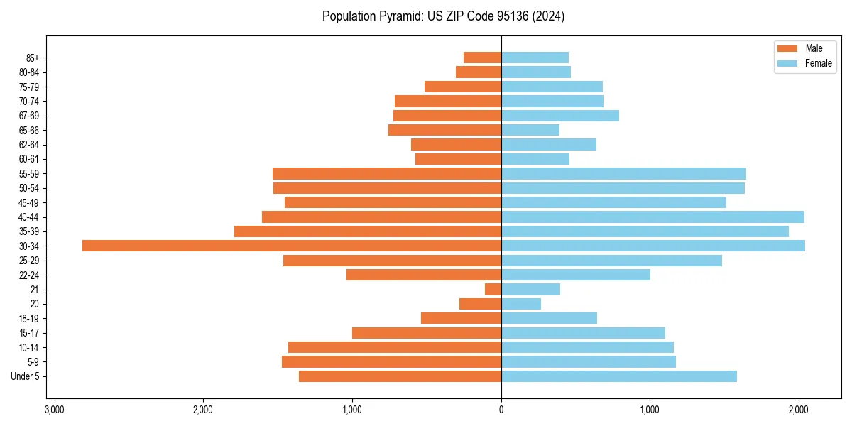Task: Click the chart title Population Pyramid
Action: (x=443, y=16)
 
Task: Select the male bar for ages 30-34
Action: (x=292, y=246)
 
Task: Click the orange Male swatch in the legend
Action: (x=787, y=48)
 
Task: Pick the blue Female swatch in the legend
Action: (x=787, y=63)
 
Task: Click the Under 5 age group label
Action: (x=25, y=376)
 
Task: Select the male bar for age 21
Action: (x=493, y=289)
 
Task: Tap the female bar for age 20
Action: (x=521, y=304)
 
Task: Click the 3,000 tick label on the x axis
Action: (x=54, y=410)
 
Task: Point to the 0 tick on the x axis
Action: (x=501, y=410)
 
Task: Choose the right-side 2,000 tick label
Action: (x=799, y=410)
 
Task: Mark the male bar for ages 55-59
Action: (x=387, y=173)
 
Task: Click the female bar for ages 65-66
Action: (x=530, y=130)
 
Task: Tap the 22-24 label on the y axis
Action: (x=28, y=275)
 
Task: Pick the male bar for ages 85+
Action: (x=483, y=58)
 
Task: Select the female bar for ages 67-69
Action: (x=560, y=116)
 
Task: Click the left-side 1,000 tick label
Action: (x=352, y=410)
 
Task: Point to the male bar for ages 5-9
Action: (x=391, y=361)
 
